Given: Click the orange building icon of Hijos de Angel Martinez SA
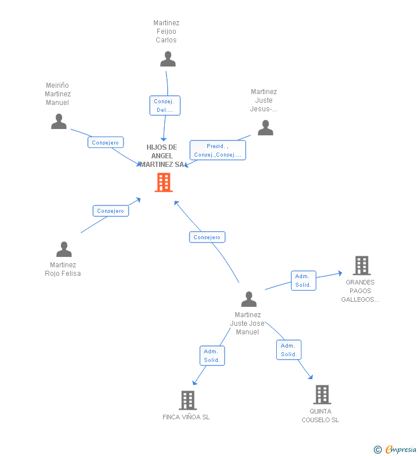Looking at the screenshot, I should tap(164, 182).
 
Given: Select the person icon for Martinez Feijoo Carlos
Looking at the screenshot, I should tap(168, 59).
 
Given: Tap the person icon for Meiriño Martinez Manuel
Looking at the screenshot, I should tap(59, 122).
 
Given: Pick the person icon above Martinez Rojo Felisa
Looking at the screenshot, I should tap(64, 250).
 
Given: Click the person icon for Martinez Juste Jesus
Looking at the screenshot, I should tap(265, 127).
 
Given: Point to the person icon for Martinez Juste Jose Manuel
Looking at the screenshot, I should tap(249, 299).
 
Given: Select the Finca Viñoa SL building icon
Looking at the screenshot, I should tap(188, 400).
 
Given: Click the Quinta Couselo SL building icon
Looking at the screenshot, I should tap(322, 395).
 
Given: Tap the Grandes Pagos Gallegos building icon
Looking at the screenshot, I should tap(361, 266).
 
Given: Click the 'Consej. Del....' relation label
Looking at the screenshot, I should tap(165, 106).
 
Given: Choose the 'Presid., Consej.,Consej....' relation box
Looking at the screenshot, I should tap(218, 150).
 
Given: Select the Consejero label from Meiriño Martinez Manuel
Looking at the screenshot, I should tap(106, 142).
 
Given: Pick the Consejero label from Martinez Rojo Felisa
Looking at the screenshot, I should tap(111, 211).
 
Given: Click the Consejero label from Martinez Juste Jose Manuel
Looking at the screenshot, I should tap(207, 237).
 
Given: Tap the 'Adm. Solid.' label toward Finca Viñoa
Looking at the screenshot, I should tap(212, 356).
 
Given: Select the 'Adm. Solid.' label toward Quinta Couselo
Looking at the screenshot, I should tap(288, 350).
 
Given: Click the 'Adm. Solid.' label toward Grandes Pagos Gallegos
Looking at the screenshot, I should tap(303, 280).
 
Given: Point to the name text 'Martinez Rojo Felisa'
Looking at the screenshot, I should tap(63, 269).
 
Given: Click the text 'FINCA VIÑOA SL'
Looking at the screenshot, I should tap(186, 417).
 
